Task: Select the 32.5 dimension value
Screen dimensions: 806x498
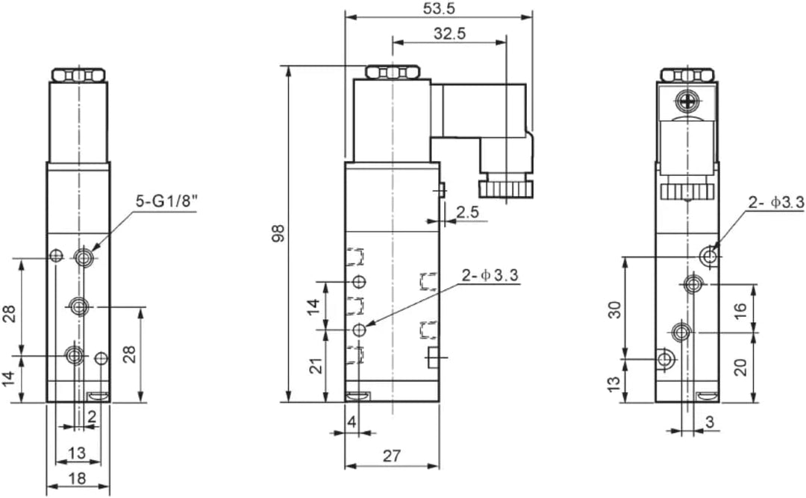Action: [450, 34]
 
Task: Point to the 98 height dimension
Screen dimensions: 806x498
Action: [278, 233]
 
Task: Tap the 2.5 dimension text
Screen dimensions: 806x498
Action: [468, 212]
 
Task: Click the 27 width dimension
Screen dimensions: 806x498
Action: [392, 456]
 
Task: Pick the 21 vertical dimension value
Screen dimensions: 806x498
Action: [318, 365]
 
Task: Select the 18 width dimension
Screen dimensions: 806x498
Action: [77, 479]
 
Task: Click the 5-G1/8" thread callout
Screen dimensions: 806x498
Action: [166, 201]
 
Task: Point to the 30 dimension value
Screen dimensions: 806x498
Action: [615, 310]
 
